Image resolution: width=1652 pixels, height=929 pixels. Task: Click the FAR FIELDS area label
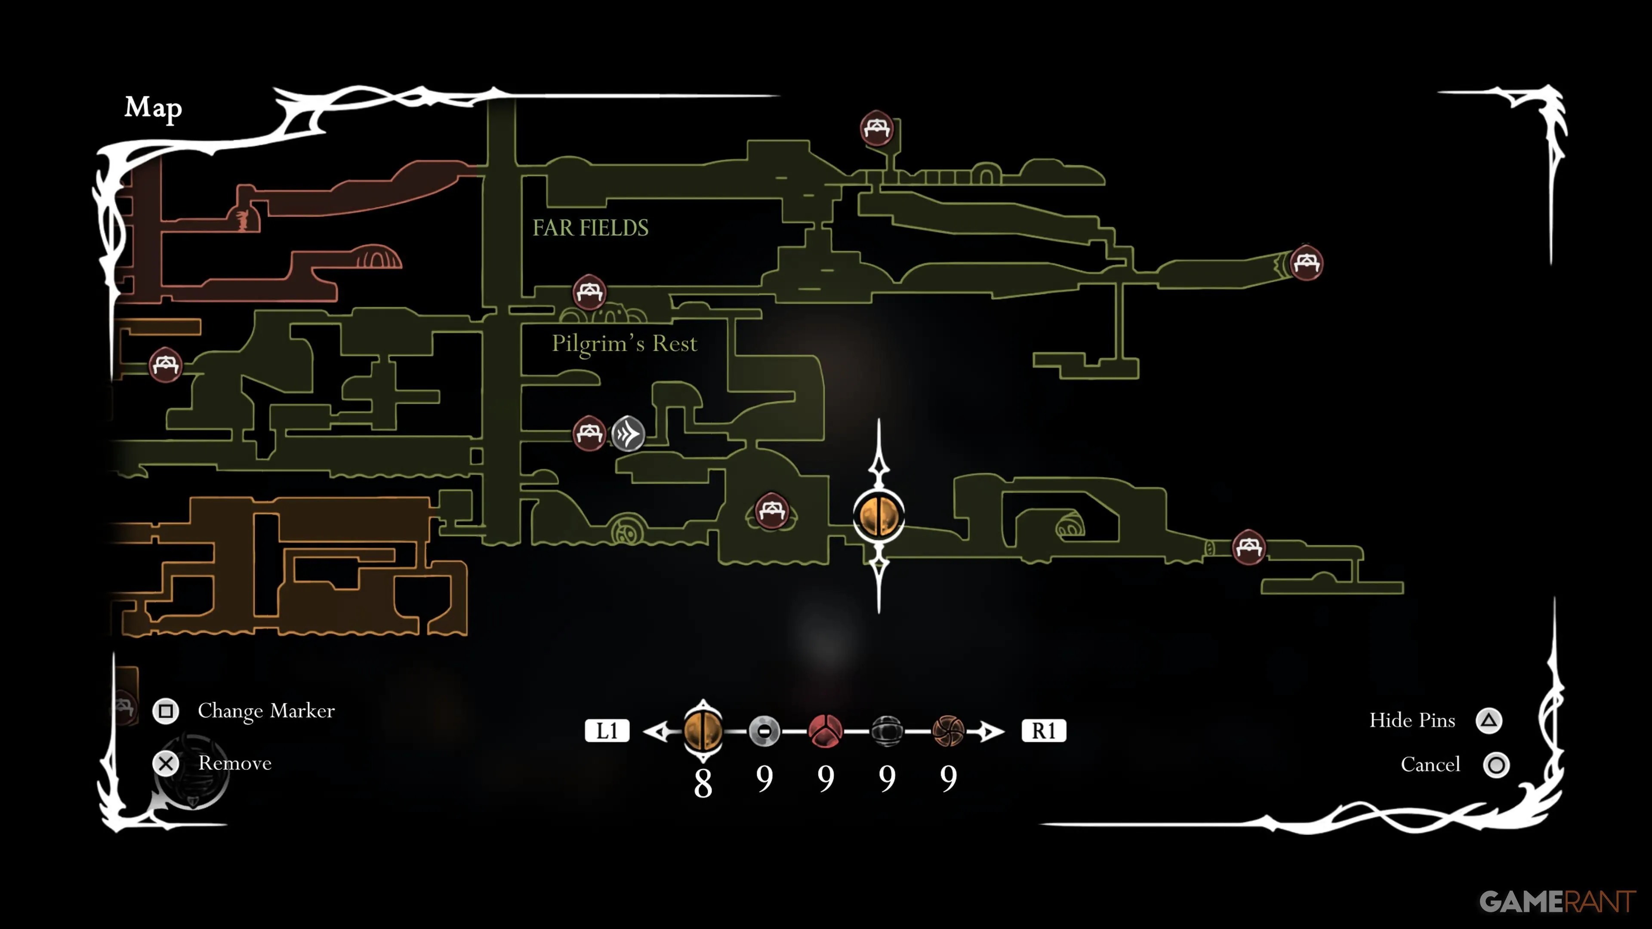point(590,228)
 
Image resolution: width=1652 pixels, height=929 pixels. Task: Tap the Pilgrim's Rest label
point(624,344)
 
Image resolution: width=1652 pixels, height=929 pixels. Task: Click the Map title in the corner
point(153,108)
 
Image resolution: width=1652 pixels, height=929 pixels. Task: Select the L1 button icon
point(607,730)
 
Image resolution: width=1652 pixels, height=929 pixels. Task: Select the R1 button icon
point(1043,730)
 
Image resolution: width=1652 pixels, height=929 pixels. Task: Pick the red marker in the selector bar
point(826,730)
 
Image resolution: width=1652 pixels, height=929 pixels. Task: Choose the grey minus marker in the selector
point(764,730)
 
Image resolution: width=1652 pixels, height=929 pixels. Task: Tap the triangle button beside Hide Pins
point(1489,721)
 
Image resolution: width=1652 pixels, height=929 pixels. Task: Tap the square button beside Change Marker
point(166,711)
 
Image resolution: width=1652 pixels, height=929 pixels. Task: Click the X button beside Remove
point(166,763)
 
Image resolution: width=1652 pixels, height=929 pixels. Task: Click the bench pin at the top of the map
point(877,128)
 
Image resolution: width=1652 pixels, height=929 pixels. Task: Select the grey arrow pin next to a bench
point(628,434)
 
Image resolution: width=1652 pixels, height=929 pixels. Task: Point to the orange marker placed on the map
point(878,515)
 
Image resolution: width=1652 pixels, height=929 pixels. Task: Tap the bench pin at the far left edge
point(166,365)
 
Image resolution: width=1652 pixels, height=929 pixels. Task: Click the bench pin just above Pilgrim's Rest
point(589,292)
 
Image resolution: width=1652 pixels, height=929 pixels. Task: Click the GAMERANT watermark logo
point(1556,901)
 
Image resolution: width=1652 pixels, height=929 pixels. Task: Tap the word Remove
point(235,763)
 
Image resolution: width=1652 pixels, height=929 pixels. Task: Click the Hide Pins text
point(1412,721)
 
